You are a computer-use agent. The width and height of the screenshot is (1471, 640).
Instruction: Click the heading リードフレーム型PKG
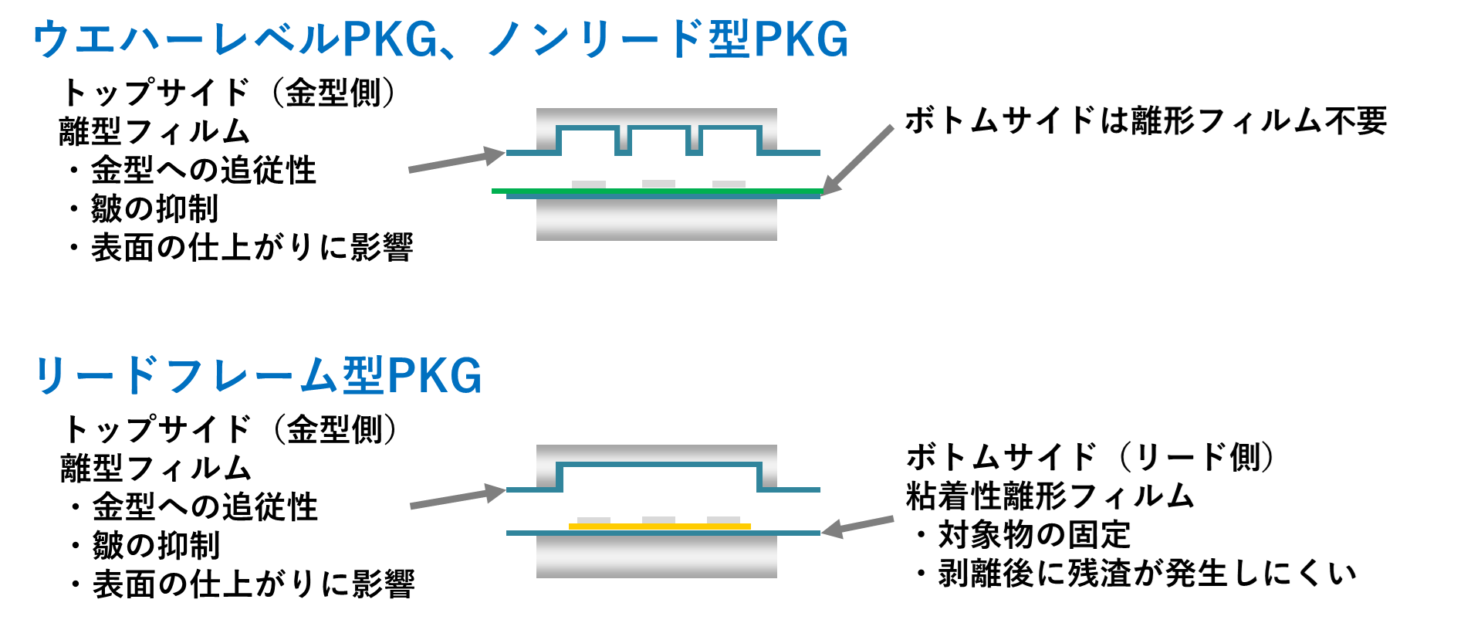click(259, 376)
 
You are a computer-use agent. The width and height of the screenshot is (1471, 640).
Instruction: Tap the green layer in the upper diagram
click(656, 191)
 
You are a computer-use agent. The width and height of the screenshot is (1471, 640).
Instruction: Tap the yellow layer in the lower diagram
click(660, 527)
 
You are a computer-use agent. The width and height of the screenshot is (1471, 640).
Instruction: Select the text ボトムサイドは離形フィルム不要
click(1145, 121)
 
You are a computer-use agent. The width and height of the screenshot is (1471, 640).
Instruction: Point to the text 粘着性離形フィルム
click(1050, 496)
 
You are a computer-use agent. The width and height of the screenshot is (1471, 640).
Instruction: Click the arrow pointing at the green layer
click(858, 159)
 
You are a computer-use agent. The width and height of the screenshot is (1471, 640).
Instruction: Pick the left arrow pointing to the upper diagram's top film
click(455, 160)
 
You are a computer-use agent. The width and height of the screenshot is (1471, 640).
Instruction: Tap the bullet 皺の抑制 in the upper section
click(154, 209)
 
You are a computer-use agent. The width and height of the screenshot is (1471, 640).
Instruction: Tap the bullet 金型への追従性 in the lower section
click(205, 507)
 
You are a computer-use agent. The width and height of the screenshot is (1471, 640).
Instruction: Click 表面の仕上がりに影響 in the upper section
click(252, 248)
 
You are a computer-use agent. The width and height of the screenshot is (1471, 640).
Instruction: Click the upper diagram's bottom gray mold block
click(656, 220)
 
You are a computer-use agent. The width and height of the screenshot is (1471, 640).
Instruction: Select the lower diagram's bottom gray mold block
click(656, 557)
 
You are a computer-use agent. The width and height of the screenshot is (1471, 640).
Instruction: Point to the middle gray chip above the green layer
click(658, 184)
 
